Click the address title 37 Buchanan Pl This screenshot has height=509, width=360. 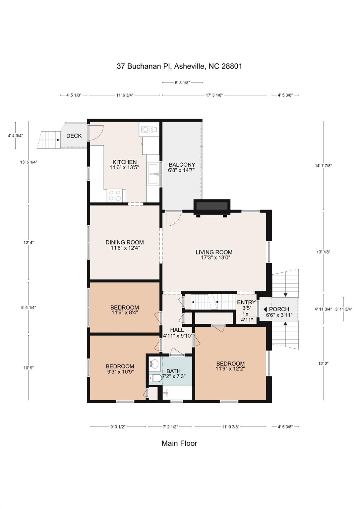point(179,66)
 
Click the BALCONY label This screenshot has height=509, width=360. point(182,165)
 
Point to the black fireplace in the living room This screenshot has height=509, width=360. point(212,206)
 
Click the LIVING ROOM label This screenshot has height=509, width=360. point(214,252)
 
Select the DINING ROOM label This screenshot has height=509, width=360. point(125,242)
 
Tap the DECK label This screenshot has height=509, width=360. point(74,136)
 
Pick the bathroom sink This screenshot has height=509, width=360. point(154,364)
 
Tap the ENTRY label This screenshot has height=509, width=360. point(246,302)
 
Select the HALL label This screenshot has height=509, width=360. point(177,330)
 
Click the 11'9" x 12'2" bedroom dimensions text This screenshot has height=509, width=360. point(230,368)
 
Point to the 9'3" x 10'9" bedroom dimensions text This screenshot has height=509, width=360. point(120,371)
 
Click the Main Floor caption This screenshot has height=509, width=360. point(179,443)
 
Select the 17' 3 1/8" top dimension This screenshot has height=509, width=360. point(214,95)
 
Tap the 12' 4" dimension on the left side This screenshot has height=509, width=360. point(29,243)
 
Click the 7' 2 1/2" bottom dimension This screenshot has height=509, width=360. point(170,427)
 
